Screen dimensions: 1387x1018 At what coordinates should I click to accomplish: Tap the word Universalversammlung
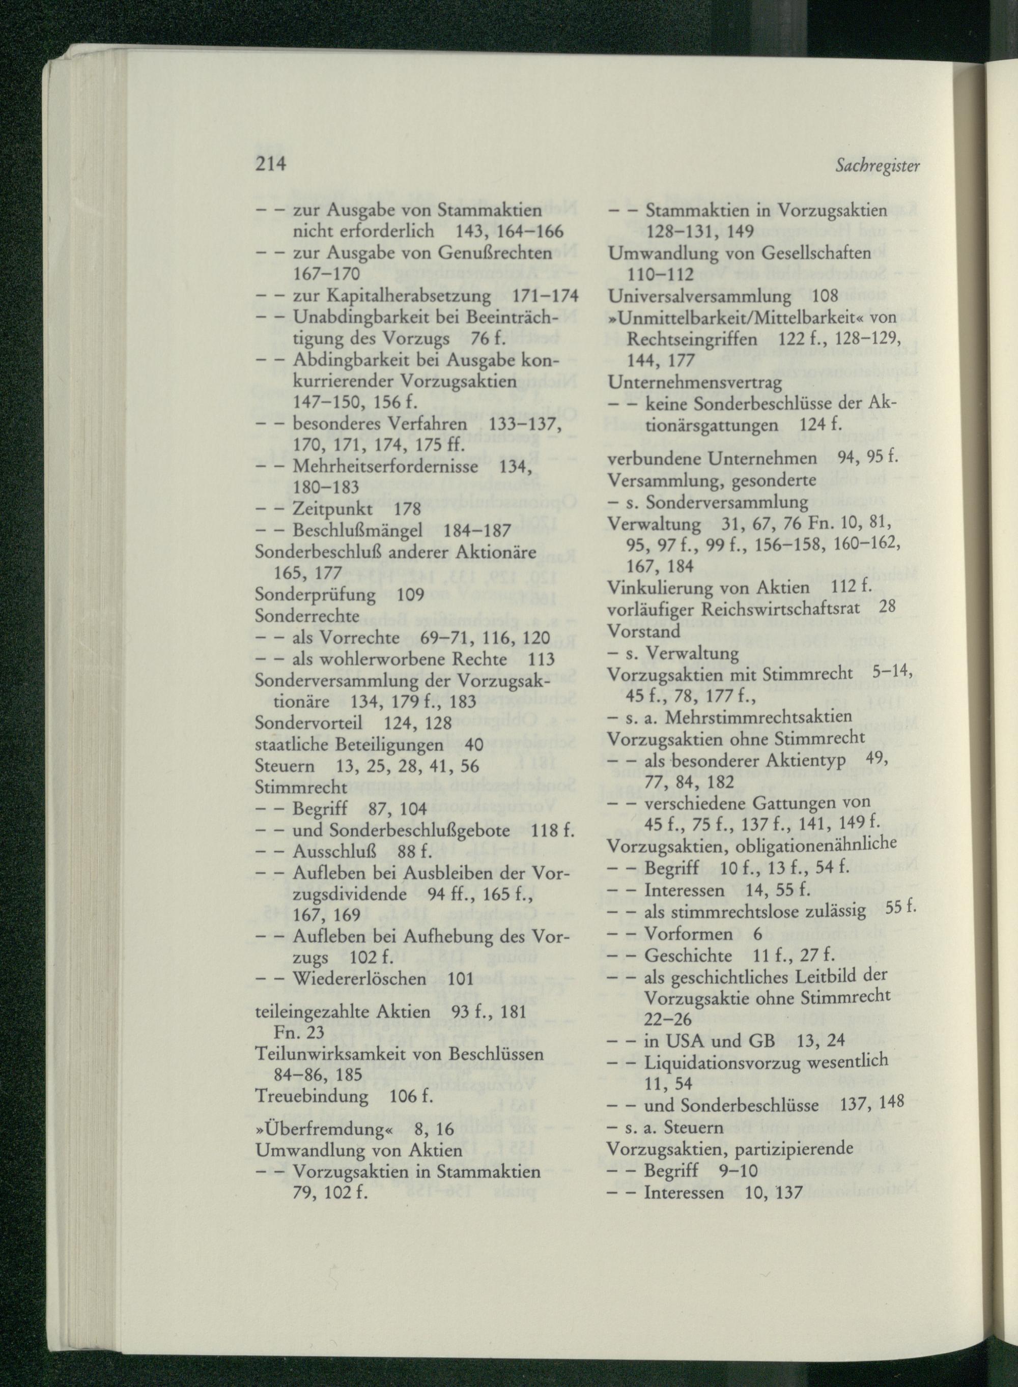(x=699, y=297)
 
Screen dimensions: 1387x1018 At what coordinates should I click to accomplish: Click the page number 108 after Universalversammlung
(x=825, y=297)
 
